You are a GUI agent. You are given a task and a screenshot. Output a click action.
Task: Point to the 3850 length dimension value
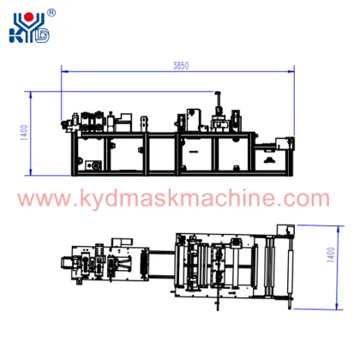(181, 65)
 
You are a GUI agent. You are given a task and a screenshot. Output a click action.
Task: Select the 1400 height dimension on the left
(25, 133)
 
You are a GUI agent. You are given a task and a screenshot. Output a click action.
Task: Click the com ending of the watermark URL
(303, 201)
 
